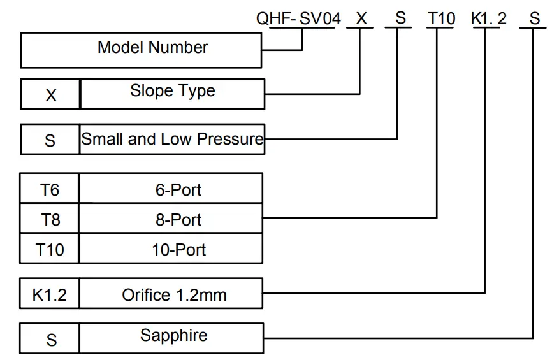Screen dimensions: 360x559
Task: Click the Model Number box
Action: pos(141,50)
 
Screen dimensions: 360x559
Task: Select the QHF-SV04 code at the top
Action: pos(298,19)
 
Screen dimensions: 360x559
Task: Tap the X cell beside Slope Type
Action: pos(50,95)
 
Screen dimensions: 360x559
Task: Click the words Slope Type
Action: pos(172,92)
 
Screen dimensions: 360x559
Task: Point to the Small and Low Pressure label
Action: pos(172,139)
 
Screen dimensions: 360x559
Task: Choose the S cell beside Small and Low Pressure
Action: pos(50,140)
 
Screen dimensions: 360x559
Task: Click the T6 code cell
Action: pos(50,189)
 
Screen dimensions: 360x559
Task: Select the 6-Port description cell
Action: pos(171,189)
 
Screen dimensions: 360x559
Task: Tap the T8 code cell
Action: pos(50,220)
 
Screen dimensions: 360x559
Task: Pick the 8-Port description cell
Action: pos(171,220)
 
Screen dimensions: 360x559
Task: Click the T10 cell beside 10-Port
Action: pos(50,250)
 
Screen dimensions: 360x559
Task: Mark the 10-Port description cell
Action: pos(171,250)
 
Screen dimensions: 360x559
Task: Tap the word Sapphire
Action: pos(173,336)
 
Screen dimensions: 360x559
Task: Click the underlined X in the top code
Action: pos(361,19)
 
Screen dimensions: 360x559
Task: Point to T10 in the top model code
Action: pos(441,19)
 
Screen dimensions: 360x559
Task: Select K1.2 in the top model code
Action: pos(489,19)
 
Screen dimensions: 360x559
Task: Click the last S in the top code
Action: pos(534,19)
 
